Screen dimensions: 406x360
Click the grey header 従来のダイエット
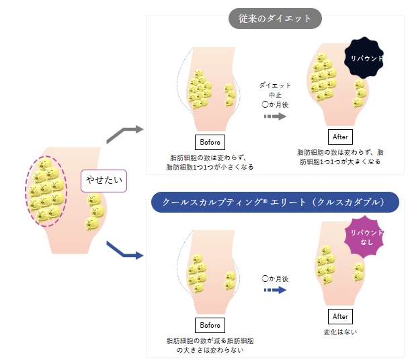coord(275,18)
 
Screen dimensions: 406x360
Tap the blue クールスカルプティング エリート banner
coord(275,202)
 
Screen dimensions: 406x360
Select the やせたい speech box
coord(104,181)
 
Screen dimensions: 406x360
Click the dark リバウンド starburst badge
coord(364,58)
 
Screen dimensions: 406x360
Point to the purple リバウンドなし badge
coord(364,237)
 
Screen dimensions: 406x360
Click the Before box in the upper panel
coord(210,142)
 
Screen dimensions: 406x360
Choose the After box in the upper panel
coord(340,137)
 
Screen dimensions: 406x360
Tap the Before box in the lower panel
coord(210,325)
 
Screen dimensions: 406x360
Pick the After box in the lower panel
coord(340,316)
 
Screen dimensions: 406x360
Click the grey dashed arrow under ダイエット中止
coord(275,116)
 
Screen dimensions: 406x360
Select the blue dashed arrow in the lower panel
coord(275,290)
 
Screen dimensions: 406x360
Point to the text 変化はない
coord(340,332)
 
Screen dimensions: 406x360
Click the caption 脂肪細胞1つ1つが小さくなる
coord(210,167)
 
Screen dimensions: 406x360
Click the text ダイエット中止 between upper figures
coord(275,90)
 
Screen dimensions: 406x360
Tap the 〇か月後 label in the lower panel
coord(275,279)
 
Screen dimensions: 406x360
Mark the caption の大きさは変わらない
coord(210,350)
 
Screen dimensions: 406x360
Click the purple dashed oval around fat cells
coord(26,192)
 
